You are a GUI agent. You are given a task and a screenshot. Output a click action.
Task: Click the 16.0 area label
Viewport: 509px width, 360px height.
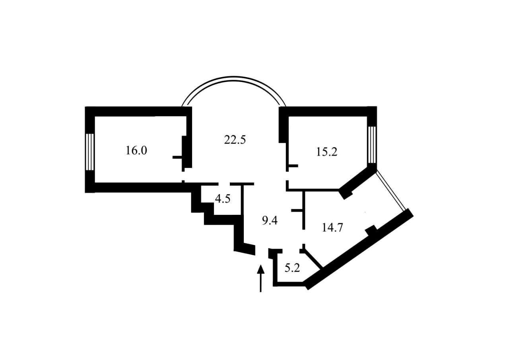pyautogui.click(x=136, y=150)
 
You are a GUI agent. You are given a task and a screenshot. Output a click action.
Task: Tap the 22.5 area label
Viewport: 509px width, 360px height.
pyautogui.click(x=235, y=140)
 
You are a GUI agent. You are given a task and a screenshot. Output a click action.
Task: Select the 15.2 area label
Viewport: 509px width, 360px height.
pyautogui.click(x=327, y=152)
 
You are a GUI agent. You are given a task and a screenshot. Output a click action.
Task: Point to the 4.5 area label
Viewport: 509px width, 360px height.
pyautogui.click(x=223, y=198)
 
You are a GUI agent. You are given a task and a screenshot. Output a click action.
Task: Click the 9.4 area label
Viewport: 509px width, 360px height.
pyautogui.click(x=270, y=220)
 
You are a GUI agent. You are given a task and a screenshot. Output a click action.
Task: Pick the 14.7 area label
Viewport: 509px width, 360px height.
pyautogui.click(x=332, y=228)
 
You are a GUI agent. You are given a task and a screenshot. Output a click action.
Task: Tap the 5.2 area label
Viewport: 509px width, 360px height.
pyautogui.click(x=292, y=268)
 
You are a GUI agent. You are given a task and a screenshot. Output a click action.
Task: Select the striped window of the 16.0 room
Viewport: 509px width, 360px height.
pyautogui.click(x=90, y=152)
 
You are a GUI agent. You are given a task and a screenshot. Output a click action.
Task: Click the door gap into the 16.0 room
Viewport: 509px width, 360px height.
pyautogui.click(x=183, y=176)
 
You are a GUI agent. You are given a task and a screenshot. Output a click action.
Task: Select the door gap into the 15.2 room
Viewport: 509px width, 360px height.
pyautogui.click(x=287, y=176)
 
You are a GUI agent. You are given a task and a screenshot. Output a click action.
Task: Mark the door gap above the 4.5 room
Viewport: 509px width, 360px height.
pyautogui.click(x=224, y=184)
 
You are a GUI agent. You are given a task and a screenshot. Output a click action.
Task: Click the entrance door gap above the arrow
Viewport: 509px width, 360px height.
pyautogui.click(x=262, y=251)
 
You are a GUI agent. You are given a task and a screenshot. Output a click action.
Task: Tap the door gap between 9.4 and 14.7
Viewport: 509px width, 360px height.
pyautogui.click(x=303, y=237)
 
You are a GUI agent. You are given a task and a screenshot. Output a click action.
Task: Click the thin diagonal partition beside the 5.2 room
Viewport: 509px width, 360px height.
pyautogui.click(x=313, y=259)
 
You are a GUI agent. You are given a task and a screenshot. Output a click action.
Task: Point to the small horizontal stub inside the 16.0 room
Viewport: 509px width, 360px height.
pyautogui.click(x=177, y=157)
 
